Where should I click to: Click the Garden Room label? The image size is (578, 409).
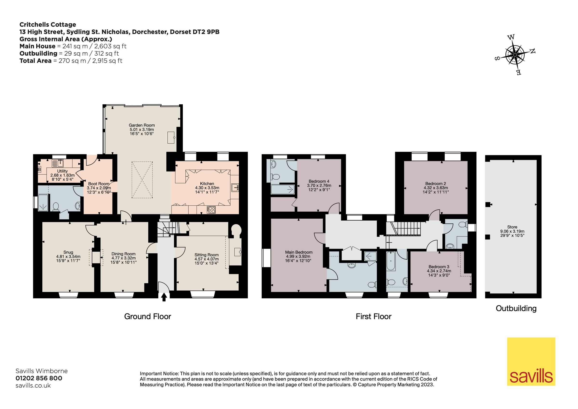coord(142,125)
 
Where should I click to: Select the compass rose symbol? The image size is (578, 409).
coord(515,55)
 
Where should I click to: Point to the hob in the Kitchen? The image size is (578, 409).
coord(211,210)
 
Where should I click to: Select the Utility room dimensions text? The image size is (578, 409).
coord(62,175)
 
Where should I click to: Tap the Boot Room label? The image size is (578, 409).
coord(99,184)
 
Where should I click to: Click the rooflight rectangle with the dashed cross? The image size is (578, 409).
coord(142,180)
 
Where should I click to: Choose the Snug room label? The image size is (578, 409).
coord(68,252)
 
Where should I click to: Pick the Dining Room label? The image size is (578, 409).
coord(123,254)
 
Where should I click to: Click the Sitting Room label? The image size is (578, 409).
coord(206,255)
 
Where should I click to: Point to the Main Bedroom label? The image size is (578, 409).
coord(299,252)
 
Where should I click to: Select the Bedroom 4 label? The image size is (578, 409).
coord(319,181)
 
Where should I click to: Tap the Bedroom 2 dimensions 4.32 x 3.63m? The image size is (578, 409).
coord(436,188)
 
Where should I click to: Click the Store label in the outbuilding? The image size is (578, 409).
coord(512,227)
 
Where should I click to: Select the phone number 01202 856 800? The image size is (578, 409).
coord(39,378)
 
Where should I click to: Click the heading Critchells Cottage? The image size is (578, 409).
coord(48,24)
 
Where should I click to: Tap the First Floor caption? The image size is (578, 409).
coord(373,316)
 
